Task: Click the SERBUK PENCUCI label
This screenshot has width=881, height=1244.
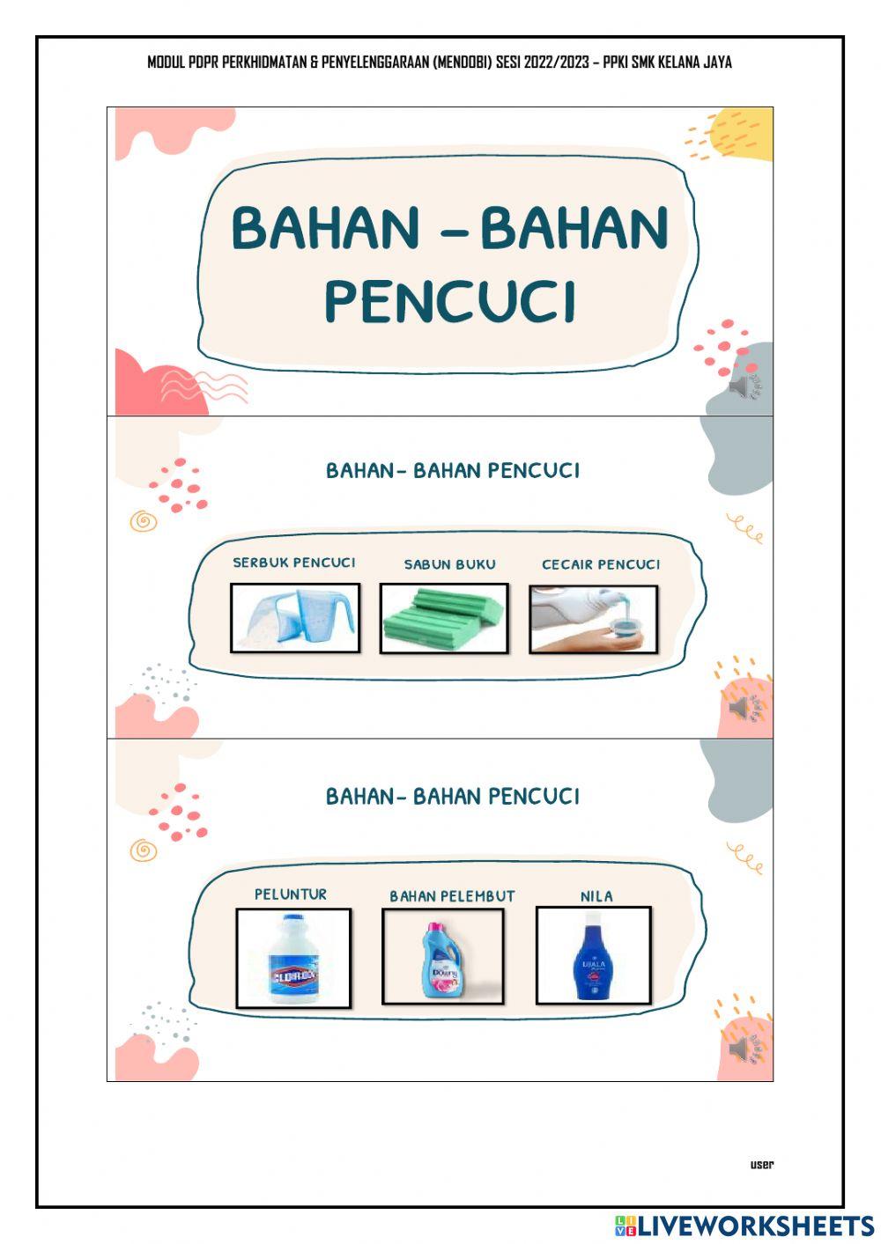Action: pyautogui.click(x=294, y=563)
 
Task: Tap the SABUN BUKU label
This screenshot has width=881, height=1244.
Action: pyautogui.click(x=449, y=564)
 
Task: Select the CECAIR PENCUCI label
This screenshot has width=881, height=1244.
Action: pyautogui.click(x=601, y=564)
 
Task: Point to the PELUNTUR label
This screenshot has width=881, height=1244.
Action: pyautogui.click(x=291, y=894)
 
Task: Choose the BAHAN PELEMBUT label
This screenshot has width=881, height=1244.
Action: pyautogui.click(x=452, y=896)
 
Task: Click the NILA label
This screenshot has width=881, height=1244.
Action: pyautogui.click(x=596, y=896)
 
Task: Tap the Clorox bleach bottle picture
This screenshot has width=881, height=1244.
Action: pyautogui.click(x=293, y=958)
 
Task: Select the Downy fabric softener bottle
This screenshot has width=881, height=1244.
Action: pyautogui.click(x=442, y=958)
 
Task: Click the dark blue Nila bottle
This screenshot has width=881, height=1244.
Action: pyautogui.click(x=593, y=957)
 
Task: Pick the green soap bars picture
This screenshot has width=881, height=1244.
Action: pyautogui.click(x=444, y=618)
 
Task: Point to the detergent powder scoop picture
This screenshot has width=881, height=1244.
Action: pyautogui.click(x=295, y=618)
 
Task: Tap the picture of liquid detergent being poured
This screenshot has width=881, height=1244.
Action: pyautogui.click(x=593, y=618)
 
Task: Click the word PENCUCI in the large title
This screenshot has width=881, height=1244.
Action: pyautogui.click(x=450, y=301)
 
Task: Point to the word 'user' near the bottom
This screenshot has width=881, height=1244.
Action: pyautogui.click(x=762, y=1165)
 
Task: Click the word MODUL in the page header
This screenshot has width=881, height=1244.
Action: pyautogui.click(x=167, y=63)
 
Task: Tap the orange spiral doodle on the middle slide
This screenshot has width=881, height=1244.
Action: pyautogui.click(x=143, y=521)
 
